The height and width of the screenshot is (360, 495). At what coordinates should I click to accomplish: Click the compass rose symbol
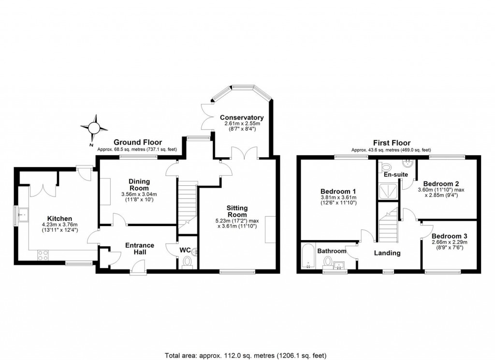pyautogui.click(x=94, y=128)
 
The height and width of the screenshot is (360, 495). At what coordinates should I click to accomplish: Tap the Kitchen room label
pyautogui.click(x=59, y=218)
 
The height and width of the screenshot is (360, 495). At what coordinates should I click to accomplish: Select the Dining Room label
pyautogui.click(x=139, y=184)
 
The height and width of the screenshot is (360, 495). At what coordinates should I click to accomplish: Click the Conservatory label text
pyautogui.click(x=242, y=118)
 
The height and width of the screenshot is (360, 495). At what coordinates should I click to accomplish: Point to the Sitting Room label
pyautogui.click(x=237, y=211)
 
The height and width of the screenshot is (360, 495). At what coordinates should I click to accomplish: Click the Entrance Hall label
pyautogui.click(x=140, y=248)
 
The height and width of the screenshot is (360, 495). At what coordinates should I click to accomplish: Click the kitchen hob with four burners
pyautogui.click(x=43, y=255)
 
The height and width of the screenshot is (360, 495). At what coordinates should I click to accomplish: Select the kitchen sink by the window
pyautogui.click(x=23, y=215)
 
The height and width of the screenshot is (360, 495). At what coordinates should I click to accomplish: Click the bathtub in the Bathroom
pyautogui.click(x=307, y=255)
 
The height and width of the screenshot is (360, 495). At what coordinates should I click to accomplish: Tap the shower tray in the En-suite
pyautogui.click(x=388, y=191)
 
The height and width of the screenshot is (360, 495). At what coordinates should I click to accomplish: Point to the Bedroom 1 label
pyautogui.click(x=338, y=191)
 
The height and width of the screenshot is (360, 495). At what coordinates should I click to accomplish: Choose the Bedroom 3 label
pyautogui.click(x=450, y=236)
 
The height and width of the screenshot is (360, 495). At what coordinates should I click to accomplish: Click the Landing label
pyautogui.click(x=387, y=253)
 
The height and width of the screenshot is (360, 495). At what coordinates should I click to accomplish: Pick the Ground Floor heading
pyautogui.click(x=138, y=142)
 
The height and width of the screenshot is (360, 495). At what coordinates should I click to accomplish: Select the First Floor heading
pyautogui.click(x=392, y=143)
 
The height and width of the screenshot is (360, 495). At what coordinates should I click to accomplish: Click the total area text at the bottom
pyautogui.click(x=246, y=355)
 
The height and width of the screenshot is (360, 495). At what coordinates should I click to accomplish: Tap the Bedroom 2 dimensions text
pyautogui.click(x=441, y=193)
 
